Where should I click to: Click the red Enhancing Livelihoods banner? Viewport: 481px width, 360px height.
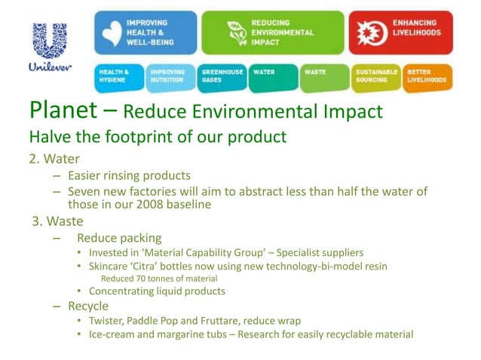[400, 32]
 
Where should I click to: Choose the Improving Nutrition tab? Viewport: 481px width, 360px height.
[170, 77]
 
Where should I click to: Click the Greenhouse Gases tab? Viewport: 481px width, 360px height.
[222, 77]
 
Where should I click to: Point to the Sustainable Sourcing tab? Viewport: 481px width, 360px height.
[375, 77]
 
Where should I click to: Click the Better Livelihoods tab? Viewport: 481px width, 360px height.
[427, 77]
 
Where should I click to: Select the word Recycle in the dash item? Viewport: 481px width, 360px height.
[88, 306]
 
